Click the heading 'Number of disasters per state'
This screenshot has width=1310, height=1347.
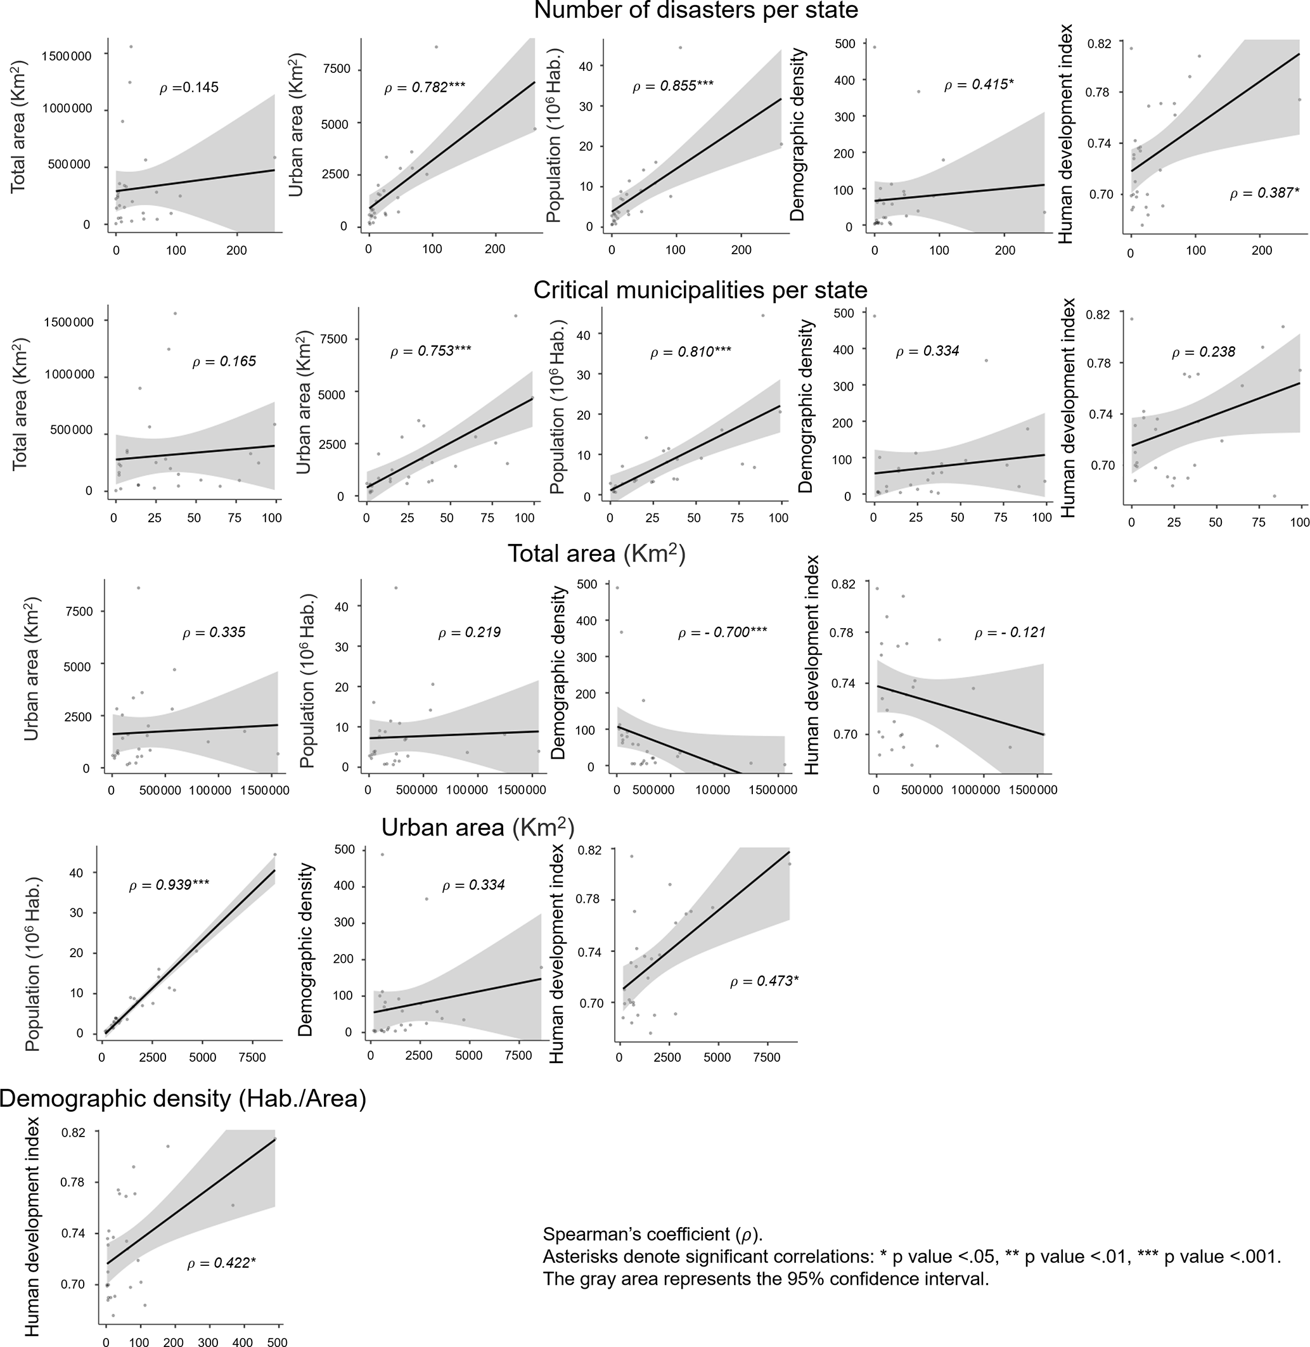tap(696, 10)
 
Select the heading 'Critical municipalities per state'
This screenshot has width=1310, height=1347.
tap(700, 290)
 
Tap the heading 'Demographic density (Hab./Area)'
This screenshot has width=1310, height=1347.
tap(183, 1099)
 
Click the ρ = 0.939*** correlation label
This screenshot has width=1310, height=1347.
tap(169, 885)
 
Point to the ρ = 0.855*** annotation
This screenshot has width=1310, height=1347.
tap(673, 86)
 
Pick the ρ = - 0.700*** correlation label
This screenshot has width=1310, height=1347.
tap(722, 633)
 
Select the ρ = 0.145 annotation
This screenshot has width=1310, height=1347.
tap(189, 87)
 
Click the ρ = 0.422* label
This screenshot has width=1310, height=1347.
tap(221, 1263)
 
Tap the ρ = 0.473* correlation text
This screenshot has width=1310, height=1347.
tap(764, 981)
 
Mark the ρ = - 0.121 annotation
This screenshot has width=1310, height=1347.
tap(1010, 633)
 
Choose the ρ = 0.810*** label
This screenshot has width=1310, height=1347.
tap(691, 353)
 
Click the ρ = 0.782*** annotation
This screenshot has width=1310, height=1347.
tap(425, 87)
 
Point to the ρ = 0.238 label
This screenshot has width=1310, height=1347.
tap(1204, 352)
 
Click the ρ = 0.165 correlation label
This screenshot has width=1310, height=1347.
tap(224, 361)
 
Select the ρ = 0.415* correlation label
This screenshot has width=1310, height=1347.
tap(979, 86)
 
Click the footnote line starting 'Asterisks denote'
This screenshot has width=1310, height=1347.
tap(911, 1257)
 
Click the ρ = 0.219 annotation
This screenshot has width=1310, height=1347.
tap(469, 633)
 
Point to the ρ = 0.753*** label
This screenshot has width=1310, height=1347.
tap(431, 351)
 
